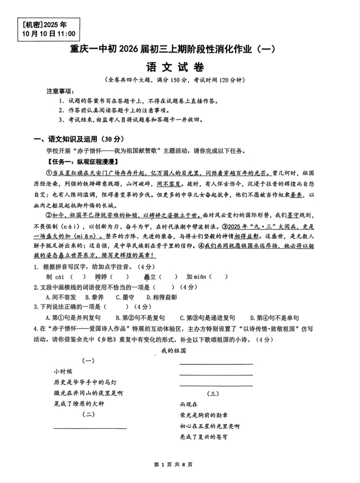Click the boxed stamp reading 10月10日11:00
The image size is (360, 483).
(49, 29)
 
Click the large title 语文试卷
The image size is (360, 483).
(175, 67)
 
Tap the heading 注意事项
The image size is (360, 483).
(60, 91)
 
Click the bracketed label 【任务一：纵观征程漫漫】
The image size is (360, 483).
(82, 162)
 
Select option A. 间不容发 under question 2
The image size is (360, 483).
(61, 297)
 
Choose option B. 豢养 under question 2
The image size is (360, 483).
(94, 297)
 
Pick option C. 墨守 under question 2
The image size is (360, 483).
(125, 297)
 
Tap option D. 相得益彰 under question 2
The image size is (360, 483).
(162, 297)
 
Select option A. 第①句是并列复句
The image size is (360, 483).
(73, 318)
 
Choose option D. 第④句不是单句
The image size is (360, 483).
(274, 318)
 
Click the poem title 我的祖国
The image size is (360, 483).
(173, 351)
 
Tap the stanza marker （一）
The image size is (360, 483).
(88, 361)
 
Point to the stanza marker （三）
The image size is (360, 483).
(213, 394)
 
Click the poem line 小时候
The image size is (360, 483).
(63, 371)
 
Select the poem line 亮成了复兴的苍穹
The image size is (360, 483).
(204, 437)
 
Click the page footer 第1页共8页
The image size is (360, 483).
(173, 464)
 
